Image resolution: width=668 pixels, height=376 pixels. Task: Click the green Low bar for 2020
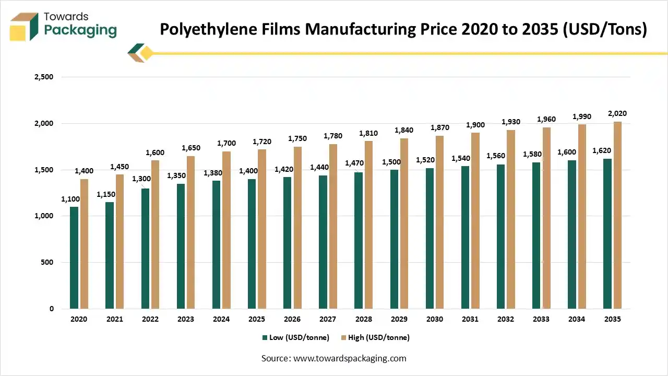tap(74, 258)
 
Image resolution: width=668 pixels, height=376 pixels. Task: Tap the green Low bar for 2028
tap(359, 241)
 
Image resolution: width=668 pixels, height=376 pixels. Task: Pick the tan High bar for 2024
tap(226, 230)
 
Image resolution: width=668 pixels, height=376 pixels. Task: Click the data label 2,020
tap(617, 113)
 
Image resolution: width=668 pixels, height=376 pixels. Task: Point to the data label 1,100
tap(70, 198)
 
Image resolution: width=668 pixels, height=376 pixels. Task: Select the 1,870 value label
tap(439, 127)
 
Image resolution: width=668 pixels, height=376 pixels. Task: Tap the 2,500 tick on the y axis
tap(44, 77)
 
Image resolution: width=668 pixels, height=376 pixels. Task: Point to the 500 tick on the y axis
tap(47, 262)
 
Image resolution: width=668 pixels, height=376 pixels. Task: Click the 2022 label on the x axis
tap(150, 319)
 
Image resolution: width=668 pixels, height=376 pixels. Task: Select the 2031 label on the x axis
tap(470, 319)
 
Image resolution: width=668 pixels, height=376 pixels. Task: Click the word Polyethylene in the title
tap(200, 30)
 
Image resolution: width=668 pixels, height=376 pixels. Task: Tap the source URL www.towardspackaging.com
tap(350, 358)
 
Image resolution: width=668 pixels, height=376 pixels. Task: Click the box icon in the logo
tap(24, 27)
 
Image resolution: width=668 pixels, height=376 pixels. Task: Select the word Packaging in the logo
tap(80, 30)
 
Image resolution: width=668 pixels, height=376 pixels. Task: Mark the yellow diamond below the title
tap(146, 53)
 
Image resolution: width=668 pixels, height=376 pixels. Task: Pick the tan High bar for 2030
tap(440, 222)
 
